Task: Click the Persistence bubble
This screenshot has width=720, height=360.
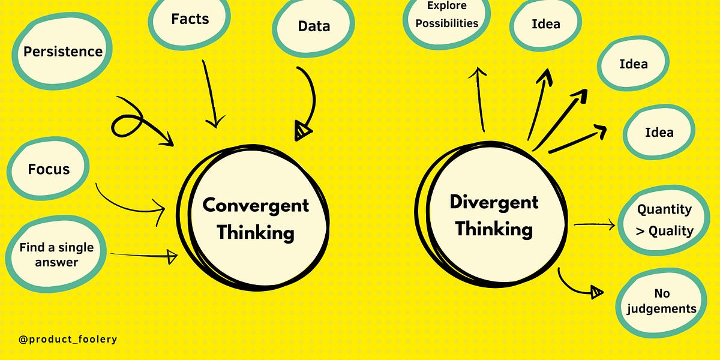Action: (x=63, y=52)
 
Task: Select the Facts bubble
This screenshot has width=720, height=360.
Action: (x=190, y=19)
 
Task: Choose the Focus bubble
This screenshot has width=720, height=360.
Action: (x=49, y=169)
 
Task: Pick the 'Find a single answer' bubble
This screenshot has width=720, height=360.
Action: (x=56, y=254)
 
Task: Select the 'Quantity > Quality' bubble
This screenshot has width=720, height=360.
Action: (x=664, y=220)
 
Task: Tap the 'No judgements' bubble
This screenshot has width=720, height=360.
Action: (x=662, y=301)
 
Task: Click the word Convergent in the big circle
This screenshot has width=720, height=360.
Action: (x=256, y=205)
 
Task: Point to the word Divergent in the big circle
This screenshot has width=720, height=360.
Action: (x=494, y=202)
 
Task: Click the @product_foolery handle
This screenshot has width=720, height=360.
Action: (x=68, y=340)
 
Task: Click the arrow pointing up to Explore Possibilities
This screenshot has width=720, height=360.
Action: (x=480, y=99)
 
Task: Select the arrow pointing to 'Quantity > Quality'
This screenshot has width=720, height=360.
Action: (x=594, y=225)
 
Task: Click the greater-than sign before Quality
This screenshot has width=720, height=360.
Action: (x=640, y=231)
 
